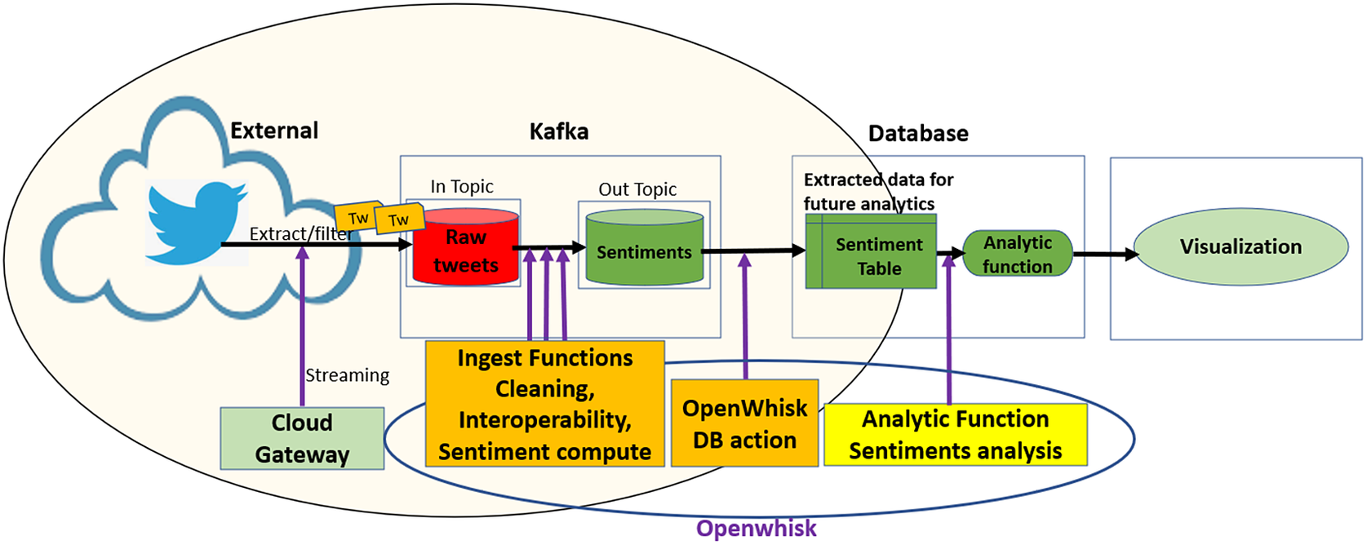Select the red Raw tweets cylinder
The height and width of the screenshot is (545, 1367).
[x=466, y=249]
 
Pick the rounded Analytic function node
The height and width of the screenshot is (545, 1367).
[x=1018, y=254]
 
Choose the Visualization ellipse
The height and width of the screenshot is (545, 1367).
[x=1241, y=246]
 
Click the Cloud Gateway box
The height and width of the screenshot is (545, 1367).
[x=302, y=438]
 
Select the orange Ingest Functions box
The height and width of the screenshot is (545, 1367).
[x=544, y=405]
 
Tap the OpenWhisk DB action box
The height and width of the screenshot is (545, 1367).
[x=744, y=423]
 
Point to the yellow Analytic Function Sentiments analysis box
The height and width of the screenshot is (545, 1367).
[x=955, y=435]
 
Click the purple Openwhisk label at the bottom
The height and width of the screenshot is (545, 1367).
[x=756, y=528]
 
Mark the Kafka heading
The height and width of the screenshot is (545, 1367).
[x=559, y=131]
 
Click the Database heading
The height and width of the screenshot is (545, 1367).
[x=918, y=133]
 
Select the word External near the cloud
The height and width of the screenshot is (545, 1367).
[x=274, y=131]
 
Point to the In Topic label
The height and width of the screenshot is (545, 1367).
[x=462, y=187]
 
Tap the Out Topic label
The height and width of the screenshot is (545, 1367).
[x=637, y=189]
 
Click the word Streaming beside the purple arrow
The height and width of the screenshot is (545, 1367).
[x=347, y=375]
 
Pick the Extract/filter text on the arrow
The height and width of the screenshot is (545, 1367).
[x=300, y=234]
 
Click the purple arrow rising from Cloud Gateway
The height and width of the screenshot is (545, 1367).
[x=303, y=326]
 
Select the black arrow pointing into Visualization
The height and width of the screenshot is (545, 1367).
[x=1106, y=255]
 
